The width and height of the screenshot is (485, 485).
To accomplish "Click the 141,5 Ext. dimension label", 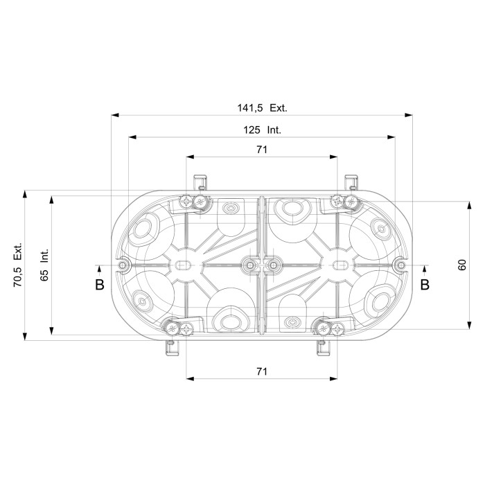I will pos(261,107).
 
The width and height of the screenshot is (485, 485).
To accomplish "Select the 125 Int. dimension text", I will pos(262,130).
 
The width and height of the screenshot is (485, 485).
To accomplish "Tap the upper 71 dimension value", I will pos(261,150).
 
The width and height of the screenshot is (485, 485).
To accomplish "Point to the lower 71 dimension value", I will pos(261,372).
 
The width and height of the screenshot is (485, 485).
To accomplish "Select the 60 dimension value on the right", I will pos(462,265).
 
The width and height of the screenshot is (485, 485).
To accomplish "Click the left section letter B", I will pos(99,285).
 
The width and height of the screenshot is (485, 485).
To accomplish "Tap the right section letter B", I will pos(425,285).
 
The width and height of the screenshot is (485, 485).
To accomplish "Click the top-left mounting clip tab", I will pos(201,182).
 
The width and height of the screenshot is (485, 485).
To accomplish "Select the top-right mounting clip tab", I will pos(351,182).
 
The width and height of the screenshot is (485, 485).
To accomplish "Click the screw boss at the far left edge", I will pos(123,265).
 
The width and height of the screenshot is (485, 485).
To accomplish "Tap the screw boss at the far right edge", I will pos(399,265).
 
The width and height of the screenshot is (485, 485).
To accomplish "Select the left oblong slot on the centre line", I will pos(183,265).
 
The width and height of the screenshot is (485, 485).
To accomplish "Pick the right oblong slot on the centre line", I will pos(340,265).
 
